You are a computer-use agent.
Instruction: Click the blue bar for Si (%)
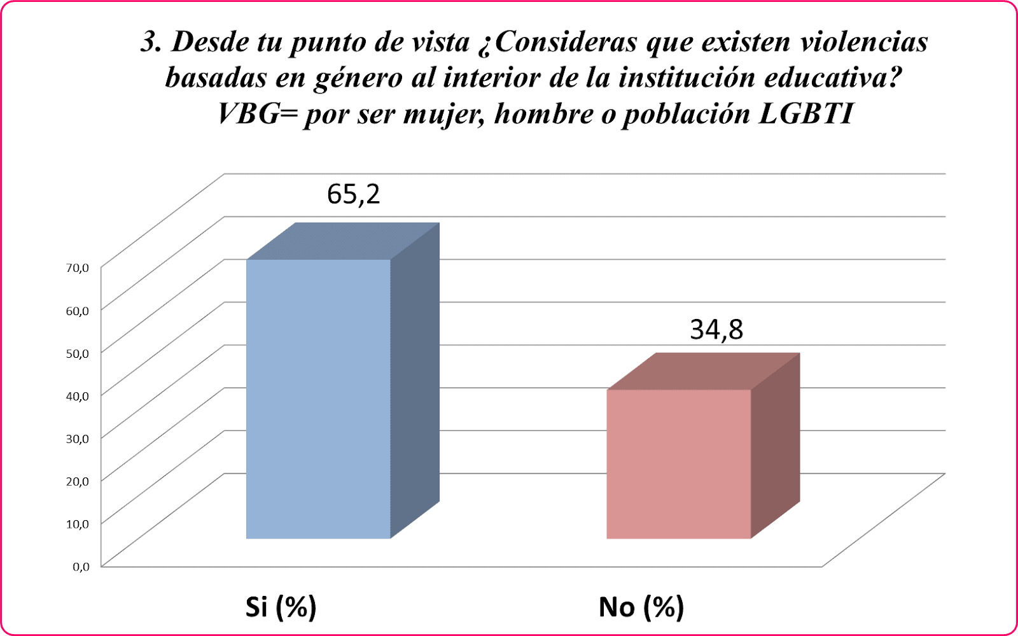coord(318,399)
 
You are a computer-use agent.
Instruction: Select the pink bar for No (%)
coord(679,464)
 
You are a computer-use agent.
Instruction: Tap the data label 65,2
coord(353,194)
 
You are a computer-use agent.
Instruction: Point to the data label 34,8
coord(716,330)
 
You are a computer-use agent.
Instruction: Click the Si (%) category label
coord(281,607)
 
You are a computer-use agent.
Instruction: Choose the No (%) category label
coord(641,607)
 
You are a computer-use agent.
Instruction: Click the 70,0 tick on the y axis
coord(78,268)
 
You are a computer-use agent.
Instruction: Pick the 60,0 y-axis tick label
coord(78,311)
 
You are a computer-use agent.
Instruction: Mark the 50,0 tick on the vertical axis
coord(78,353)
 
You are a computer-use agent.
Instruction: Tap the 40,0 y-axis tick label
coord(78,396)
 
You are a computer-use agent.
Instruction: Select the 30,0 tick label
coord(78,439)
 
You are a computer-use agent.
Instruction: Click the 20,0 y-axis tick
coord(78,481)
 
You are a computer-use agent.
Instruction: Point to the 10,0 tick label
coord(78,524)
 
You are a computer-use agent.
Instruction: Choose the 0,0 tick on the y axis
coord(81,567)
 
